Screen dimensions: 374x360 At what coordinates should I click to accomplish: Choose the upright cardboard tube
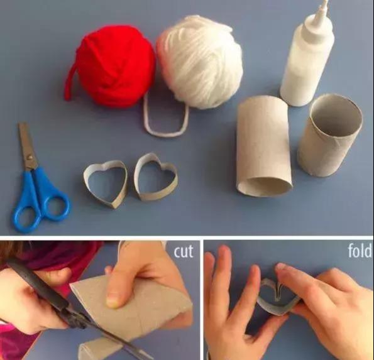tap(331, 136)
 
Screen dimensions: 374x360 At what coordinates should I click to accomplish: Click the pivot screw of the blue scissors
tap(30, 157)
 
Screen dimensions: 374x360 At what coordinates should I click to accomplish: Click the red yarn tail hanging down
tap(69, 84)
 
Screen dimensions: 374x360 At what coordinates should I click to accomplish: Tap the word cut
tap(184, 251)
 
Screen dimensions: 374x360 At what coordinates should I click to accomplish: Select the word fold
tap(360, 250)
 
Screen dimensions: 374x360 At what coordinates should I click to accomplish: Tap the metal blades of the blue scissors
tap(27, 145)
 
